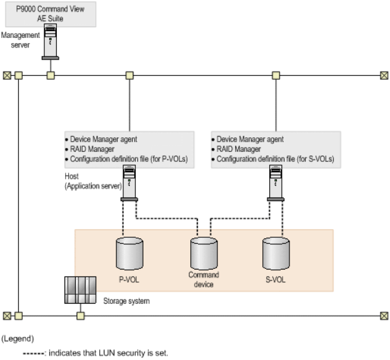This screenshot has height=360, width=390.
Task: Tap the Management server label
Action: point(20,40)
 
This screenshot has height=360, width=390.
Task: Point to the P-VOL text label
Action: point(129,279)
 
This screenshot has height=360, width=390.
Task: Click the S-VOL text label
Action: point(276,279)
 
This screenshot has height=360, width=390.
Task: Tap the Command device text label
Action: point(203,279)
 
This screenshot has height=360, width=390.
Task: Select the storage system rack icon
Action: point(80,290)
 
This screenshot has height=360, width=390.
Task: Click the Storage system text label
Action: point(126,301)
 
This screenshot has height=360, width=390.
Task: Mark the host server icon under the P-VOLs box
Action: point(129,184)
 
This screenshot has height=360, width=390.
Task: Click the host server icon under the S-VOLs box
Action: point(276,184)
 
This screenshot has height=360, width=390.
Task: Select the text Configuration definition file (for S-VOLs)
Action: point(278,159)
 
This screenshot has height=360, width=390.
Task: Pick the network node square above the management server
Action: point(51,75)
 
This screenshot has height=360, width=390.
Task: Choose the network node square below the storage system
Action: point(80,315)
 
